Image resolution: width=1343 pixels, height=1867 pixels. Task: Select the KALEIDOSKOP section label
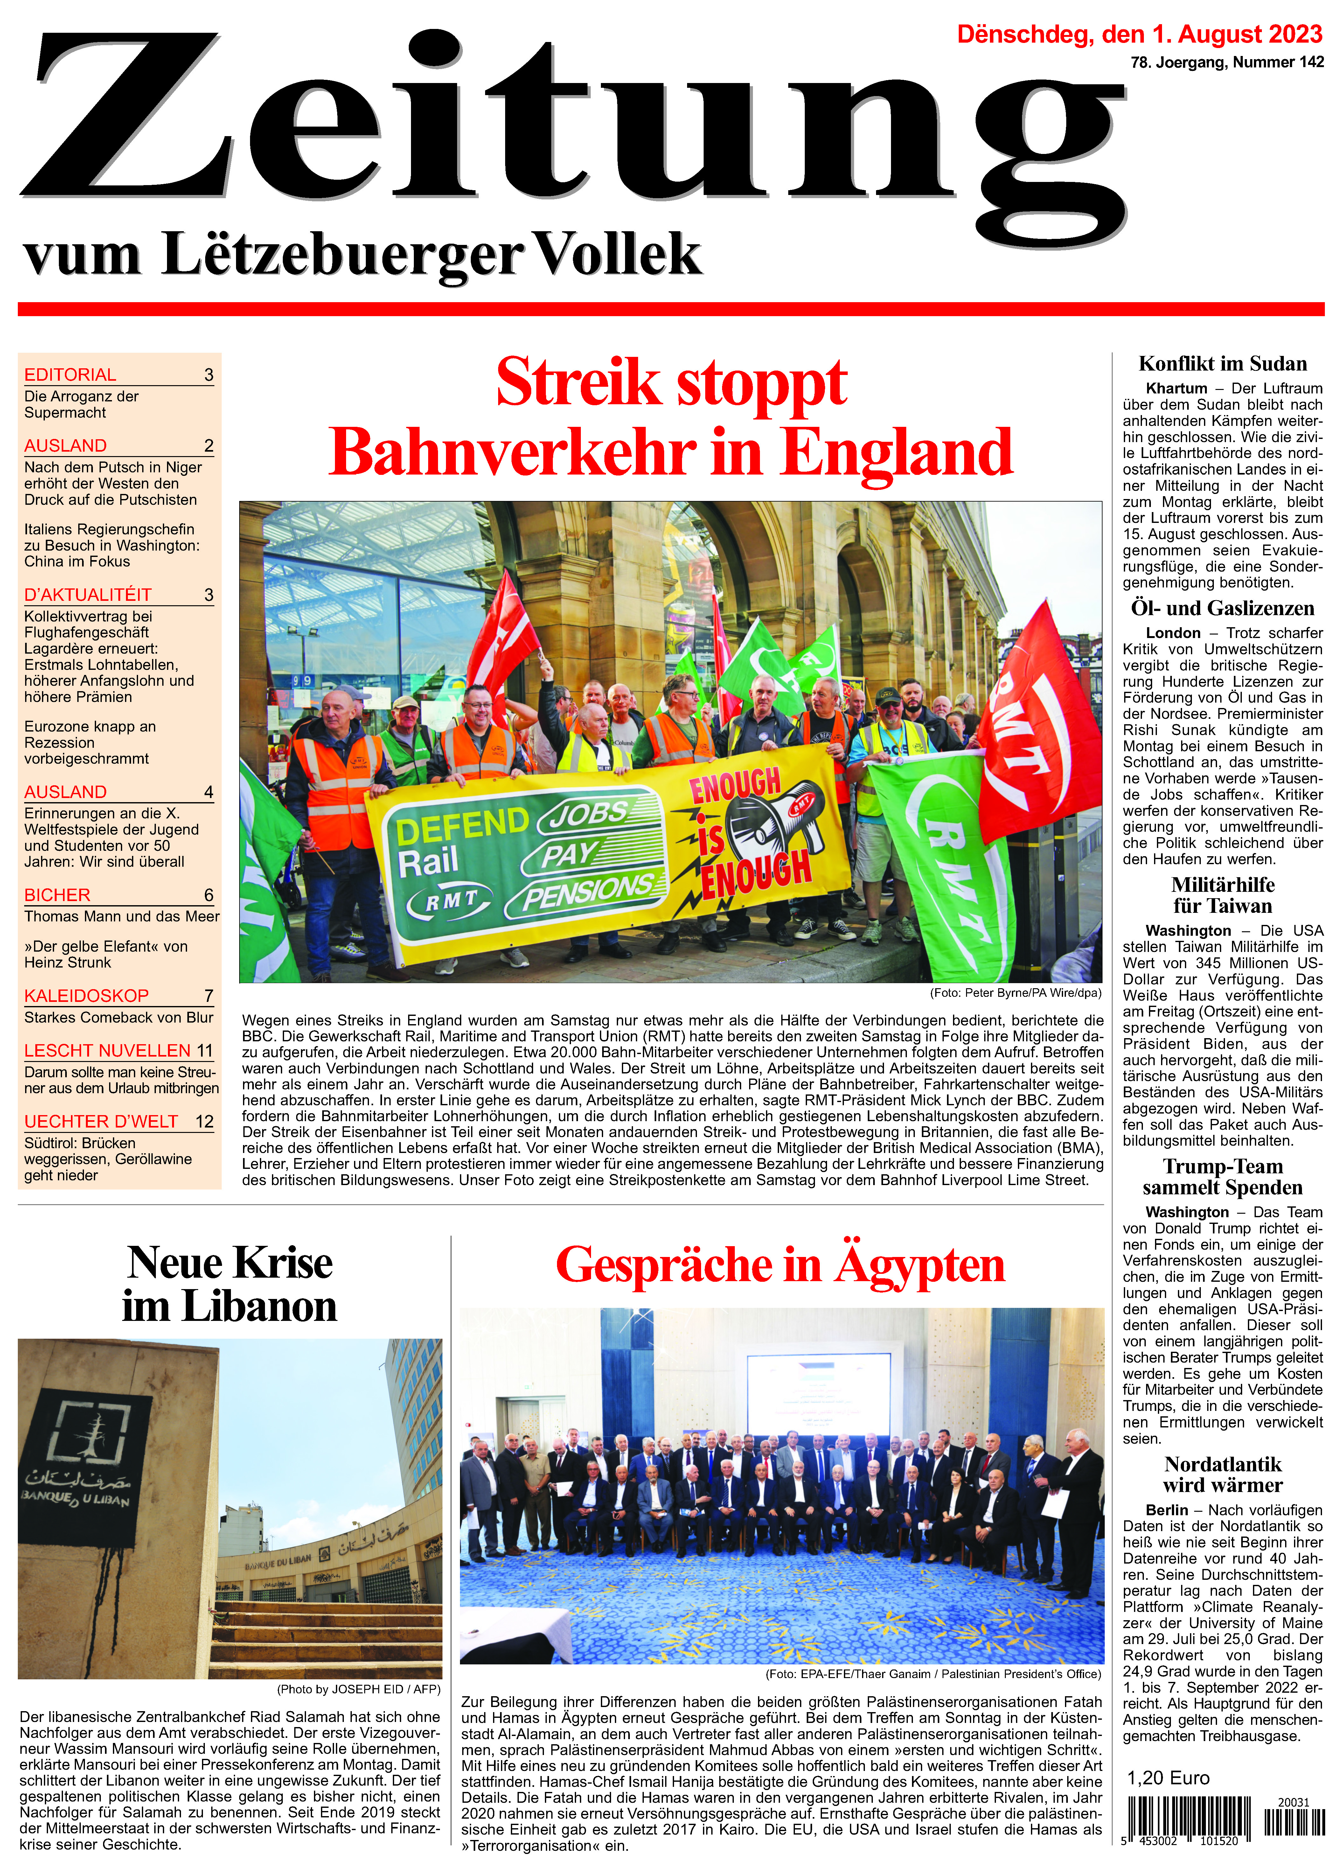tap(87, 995)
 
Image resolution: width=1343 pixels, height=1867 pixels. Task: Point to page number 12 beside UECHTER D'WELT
tap(204, 1121)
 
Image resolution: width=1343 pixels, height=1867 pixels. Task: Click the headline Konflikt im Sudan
tap(1222, 364)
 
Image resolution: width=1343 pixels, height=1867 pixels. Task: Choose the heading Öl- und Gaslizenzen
tap(1222, 608)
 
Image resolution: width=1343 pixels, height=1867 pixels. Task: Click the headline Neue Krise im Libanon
tap(230, 1284)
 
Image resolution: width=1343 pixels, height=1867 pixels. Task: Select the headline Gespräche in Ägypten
tap(780, 1265)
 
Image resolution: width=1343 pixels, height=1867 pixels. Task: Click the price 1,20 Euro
tap(1168, 1778)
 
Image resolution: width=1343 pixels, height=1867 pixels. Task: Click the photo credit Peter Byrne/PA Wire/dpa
tap(1015, 993)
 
